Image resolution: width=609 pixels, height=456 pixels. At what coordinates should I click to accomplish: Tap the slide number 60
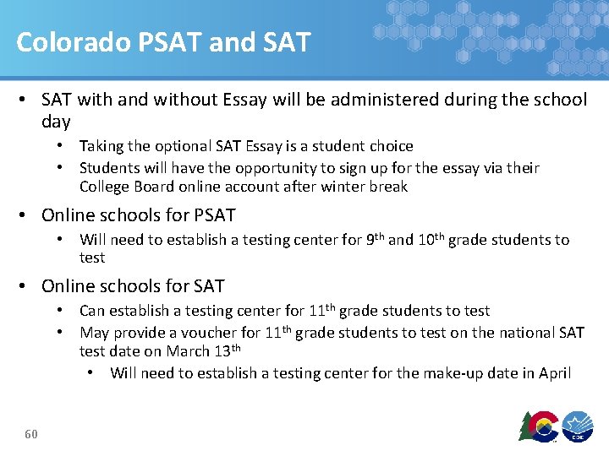tap(31, 434)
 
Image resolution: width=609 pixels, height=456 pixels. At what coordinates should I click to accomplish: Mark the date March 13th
tap(203, 351)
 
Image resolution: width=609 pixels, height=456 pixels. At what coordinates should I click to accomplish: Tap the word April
tap(554, 372)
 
